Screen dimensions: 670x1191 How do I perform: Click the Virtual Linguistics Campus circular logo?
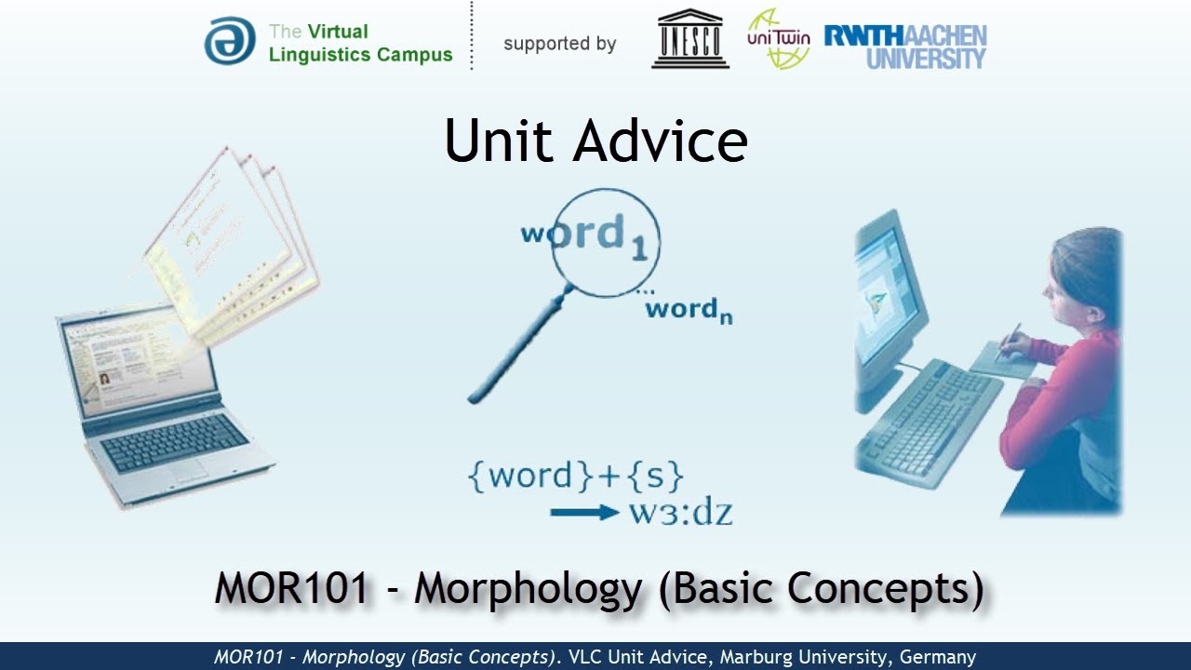[229, 41]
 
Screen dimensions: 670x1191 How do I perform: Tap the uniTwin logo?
[778, 39]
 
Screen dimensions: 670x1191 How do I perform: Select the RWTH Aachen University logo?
[904, 47]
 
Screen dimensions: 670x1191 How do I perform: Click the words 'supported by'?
[559, 44]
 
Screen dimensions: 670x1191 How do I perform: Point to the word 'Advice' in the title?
[660, 142]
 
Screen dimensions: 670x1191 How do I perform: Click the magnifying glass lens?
[606, 242]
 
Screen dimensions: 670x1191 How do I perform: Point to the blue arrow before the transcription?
[583, 513]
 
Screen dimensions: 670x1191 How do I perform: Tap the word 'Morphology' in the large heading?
[529, 588]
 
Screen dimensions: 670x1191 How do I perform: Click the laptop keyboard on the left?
[174, 442]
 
